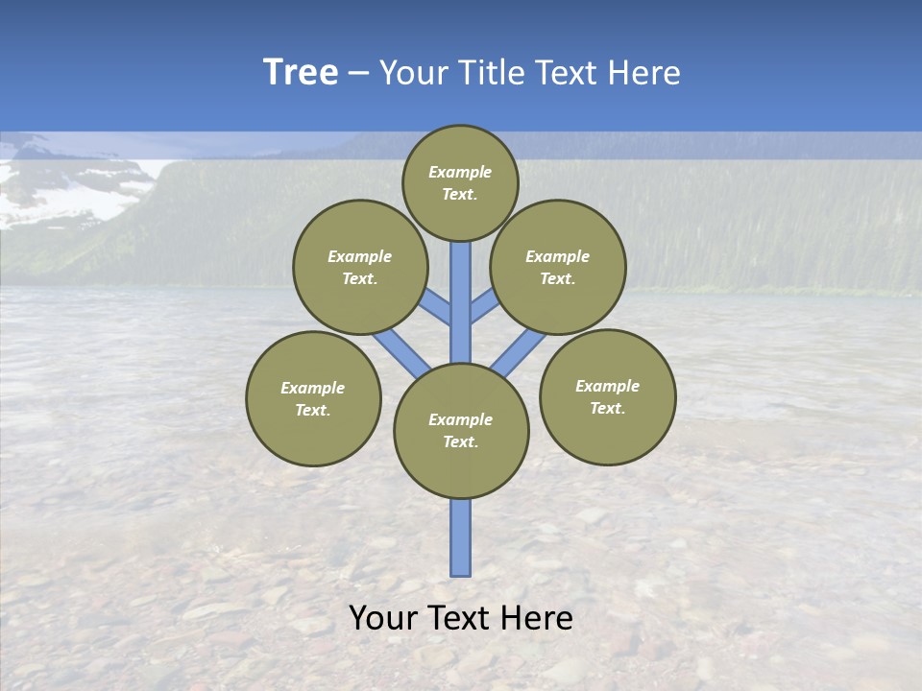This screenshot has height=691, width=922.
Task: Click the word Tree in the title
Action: [301, 73]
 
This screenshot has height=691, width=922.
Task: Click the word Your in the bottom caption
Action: [383, 618]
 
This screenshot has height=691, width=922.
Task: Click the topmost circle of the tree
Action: [460, 182]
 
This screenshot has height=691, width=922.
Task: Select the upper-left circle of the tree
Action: [359, 267]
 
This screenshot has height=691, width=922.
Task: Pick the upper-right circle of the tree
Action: [557, 267]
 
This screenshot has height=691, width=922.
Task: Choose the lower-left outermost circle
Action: [313, 398]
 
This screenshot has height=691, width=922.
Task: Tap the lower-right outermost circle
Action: [607, 396]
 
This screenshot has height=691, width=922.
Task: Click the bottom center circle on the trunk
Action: [461, 430]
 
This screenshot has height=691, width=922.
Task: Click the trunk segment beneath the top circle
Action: [461, 288]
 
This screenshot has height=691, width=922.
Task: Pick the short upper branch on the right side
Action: [484, 306]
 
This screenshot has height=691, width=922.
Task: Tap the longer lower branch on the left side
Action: [400, 351]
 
